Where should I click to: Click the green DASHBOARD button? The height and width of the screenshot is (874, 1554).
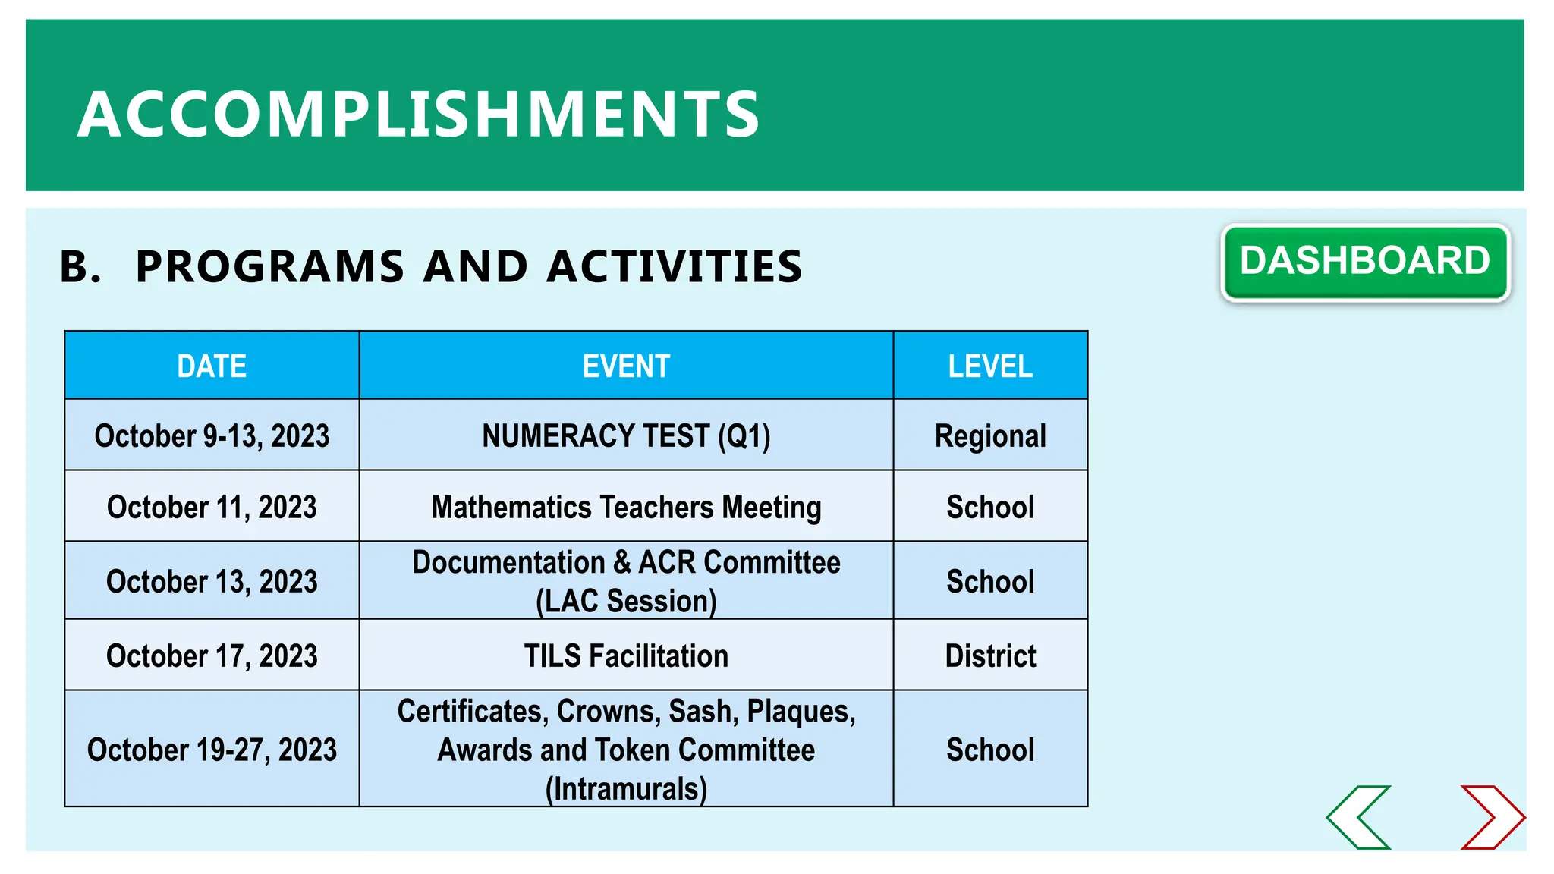pyautogui.click(x=1364, y=262)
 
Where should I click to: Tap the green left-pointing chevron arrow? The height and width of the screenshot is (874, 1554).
pyautogui.click(x=1360, y=817)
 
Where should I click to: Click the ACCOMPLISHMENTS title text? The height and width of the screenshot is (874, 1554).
pyautogui.click(x=418, y=114)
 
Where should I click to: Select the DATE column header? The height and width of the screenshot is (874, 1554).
pyautogui.click(x=212, y=366)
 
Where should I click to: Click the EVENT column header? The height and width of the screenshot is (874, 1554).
pyautogui.click(x=626, y=366)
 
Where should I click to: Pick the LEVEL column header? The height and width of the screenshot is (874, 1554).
pyautogui.click(x=990, y=366)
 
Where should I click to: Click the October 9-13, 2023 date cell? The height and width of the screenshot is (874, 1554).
pyautogui.click(x=212, y=436)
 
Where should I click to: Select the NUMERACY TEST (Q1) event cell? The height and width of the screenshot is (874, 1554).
pyautogui.click(x=626, y=436)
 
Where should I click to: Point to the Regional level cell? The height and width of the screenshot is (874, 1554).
pyautogui.click(x=990, y=436)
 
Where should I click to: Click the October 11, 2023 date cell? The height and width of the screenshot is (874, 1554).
pyautogui.click(x=212, y=507)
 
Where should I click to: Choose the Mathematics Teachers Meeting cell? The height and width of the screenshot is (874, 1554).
pyautogui.click(x=626, y=507)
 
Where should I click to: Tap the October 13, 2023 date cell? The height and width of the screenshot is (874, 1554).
pyautogui.click(x=212, y=581)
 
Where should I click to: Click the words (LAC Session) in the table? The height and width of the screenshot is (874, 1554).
pyautogui.click(x=626, y=601)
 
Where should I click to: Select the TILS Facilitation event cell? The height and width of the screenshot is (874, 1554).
pyautogui.click(x=626, y=655)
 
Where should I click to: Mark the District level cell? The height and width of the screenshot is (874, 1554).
pyautogui.click(x=990, y=655)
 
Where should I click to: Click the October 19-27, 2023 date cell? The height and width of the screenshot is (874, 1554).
pyautogui.click(x=212, y=750)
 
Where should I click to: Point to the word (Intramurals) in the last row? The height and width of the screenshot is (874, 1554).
pyautogui.click(x=626, y=788)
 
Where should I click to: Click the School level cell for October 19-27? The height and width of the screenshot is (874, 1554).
pyautogui.click(x=990, y=750)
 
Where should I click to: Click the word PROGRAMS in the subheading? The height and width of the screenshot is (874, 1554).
pyautogui.click(x=269, y=266)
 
